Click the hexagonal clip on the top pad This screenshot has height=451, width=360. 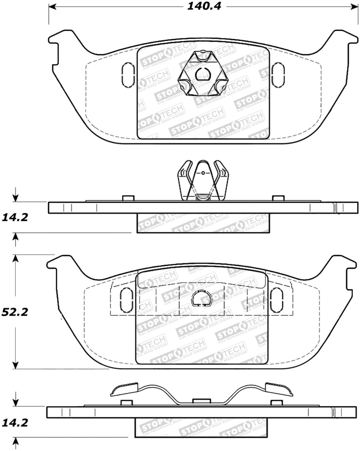pyautogui.click(x=202, y=74)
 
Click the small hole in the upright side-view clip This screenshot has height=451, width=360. pyautogui.click(x=203, y=172)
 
